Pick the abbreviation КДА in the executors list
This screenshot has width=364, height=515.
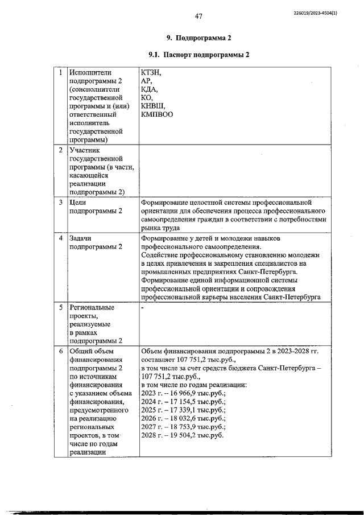tap(150, 89)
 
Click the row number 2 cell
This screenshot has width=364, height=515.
tap(61, 150)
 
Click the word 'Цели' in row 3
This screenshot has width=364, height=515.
tap(77, 202)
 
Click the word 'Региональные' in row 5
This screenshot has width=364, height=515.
tap(92, 307)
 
